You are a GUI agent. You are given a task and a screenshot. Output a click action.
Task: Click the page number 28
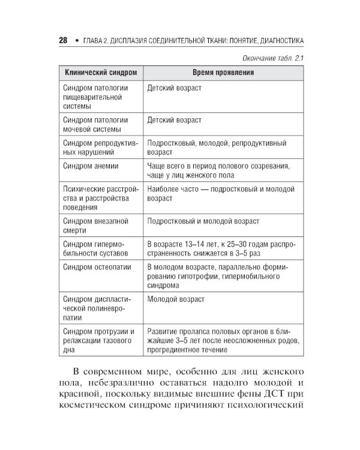pos(62,41)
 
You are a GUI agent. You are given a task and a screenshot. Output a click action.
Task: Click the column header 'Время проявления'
pos(223,73)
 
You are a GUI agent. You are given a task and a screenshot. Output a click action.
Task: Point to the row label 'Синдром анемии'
pos(91,166)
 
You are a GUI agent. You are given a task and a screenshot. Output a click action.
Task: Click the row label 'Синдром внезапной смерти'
pos(95,226)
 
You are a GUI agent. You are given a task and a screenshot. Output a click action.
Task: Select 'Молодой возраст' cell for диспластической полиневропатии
pos(176,299)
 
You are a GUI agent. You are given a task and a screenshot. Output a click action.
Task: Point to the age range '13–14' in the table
pos(190,244)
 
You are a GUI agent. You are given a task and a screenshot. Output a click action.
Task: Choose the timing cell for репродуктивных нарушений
pos(217,148)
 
